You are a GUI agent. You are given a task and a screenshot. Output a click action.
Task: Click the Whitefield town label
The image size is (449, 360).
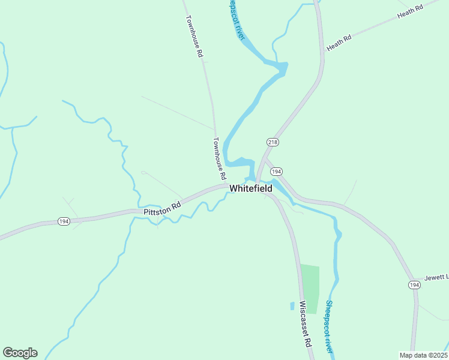tap(250, 188)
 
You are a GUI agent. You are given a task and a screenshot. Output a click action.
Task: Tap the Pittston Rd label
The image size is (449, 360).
tap(162, 209)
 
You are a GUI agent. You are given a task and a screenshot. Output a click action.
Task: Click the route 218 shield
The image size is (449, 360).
tap(272, 142)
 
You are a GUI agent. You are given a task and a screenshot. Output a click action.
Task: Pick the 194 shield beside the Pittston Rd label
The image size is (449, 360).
tap(64, 221)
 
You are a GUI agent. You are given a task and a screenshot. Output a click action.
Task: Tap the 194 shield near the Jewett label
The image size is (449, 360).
tap(414, 284)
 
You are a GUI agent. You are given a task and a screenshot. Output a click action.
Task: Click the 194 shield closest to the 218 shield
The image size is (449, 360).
tap(276, 172)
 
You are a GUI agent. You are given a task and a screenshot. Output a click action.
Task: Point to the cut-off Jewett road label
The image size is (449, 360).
tap(436, 277)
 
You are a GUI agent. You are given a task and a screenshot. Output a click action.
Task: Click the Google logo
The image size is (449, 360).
tap(20, 353)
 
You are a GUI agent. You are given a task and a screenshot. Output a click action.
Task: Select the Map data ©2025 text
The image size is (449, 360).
tap(423, 355)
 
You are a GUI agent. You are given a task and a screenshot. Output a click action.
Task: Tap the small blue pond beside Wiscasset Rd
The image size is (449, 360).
tap(292, 305)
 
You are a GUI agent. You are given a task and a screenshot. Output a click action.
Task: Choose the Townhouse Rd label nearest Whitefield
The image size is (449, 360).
tap(219, 159)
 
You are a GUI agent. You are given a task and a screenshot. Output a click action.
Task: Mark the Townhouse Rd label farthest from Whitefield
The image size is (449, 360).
tap(194, 36)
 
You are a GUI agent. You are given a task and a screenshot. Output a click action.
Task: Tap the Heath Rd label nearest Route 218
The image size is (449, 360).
tap(339, 43)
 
